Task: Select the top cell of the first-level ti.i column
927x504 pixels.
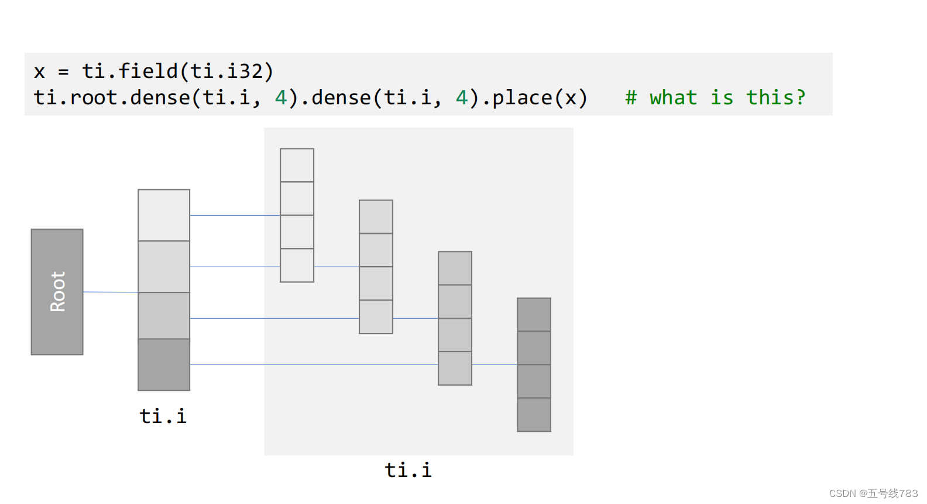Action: pyautogui.click(x=164, y=214)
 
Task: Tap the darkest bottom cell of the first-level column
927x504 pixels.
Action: pyautogui.click(x=164, y=365)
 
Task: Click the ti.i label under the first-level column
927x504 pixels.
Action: pyautogui.click(x=163, y=416)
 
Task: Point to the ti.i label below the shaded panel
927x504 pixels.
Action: pyautogui.click(x=408, y=470)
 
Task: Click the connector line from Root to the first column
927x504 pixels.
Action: pyautogui.click(x=111, y=292)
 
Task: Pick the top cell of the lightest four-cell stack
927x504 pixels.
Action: pyautogui.click(x=297, y=165)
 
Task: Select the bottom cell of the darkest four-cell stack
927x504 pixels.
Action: pyautogui.click(x=534, y=415)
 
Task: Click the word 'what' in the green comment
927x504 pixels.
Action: pyautogui.click(x=673, y=97)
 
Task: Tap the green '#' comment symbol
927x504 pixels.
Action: pyautogui.click(x=630, y=97)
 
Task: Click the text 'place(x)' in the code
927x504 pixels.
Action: pyautogui.click(x=539, y=97)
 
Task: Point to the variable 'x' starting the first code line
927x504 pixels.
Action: pyautogui.click(x=39, y=71)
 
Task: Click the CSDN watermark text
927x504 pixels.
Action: pyautogui.click(x=873, y=493)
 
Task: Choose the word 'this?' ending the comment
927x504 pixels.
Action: pyautogui.click(x=775, y=97)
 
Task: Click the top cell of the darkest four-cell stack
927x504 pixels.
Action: pyautogui.click(x=534, y=315)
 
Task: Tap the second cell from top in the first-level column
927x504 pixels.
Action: pyautogui.click(x=164, y=267)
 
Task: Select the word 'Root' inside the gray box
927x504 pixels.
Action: pyautogui.click(x=57, y=291)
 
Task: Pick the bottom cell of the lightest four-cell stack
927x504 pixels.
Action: pyautogui.click(x=297, y=265)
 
